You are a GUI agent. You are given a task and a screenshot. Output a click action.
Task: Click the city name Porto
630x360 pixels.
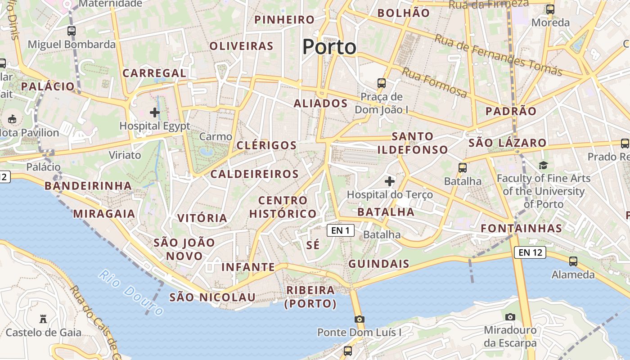coord(329,47)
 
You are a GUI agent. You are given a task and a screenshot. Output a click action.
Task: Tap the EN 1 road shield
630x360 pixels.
coord(341,231)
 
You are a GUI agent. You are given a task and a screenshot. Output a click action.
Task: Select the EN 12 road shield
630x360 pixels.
coord(530,252)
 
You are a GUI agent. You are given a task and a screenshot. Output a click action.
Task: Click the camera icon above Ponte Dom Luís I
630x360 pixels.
coord(359,319)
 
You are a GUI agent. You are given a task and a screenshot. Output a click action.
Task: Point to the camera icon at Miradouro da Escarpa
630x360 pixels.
coord(510,317)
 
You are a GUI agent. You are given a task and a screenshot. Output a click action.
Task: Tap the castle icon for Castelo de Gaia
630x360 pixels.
coord(43,319)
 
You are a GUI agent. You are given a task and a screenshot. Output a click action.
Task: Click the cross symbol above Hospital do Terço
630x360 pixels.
coord(390,181)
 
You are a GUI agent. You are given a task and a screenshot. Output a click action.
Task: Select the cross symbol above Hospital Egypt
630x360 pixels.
coord(155,112)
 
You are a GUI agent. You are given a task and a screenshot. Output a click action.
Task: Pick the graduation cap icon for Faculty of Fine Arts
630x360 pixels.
coord(543,165)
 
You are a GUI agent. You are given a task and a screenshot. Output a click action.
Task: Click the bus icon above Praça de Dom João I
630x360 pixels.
coord(382,83)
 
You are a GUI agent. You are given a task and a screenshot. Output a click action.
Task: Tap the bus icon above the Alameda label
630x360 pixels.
coord(573,261)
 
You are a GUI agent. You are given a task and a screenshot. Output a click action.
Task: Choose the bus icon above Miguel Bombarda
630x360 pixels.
coord(72,31)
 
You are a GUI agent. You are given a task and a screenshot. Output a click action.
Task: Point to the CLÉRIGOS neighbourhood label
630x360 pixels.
coord(266,145)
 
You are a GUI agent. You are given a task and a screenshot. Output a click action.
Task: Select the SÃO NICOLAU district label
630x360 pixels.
coord(212,297)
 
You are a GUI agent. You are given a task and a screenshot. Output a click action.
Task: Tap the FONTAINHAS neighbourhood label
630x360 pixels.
coord(522,229)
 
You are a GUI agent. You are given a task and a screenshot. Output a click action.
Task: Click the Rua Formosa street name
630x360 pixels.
coord(434,83)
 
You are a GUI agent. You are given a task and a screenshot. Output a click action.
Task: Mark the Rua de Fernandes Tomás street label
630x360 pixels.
coord(498,55)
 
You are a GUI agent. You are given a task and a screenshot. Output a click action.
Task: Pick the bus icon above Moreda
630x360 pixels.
coord(550,9)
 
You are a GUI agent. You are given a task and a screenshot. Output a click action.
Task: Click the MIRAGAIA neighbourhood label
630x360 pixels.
coord(104,214)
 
